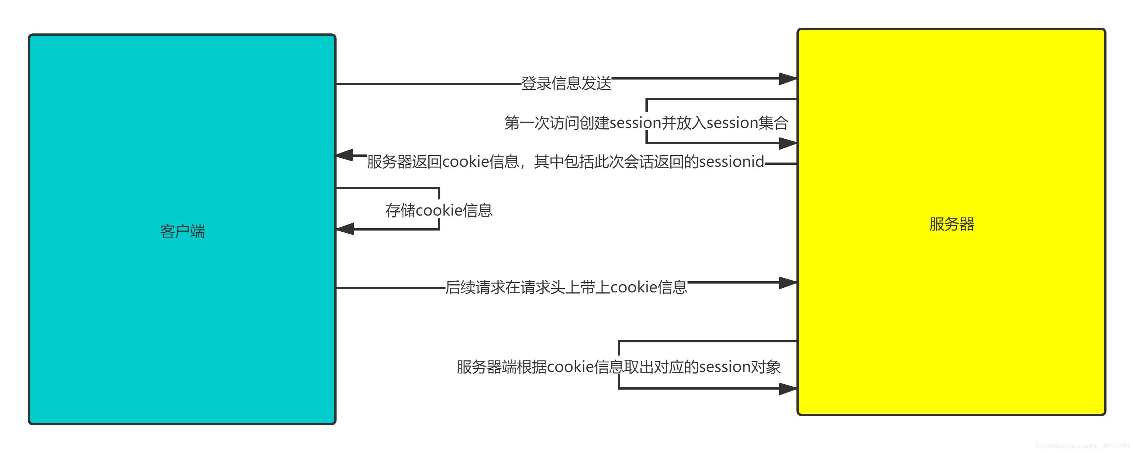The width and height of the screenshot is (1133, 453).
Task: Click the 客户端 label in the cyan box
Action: pos(182,231)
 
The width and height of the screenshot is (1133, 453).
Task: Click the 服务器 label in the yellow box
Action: pos(951,224)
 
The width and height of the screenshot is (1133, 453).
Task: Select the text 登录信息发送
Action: pos(566,83)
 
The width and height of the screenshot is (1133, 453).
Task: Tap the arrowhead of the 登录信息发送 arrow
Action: pos(788,79)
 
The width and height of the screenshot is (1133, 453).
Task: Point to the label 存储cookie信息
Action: pos(438,210)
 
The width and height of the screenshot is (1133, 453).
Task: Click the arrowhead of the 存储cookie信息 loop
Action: pos(345,229)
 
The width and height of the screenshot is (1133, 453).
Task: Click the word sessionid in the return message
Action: pos(732,162)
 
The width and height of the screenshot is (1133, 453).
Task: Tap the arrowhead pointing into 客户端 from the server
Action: pos(344,155)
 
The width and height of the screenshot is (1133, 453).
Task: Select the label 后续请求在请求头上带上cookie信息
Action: pos(566,287)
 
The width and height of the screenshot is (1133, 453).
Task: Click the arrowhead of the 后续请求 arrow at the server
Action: pos(788,283)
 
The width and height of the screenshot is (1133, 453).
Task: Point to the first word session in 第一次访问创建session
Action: pos(635,123)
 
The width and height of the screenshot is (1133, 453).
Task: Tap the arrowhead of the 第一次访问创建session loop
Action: pos(788,143)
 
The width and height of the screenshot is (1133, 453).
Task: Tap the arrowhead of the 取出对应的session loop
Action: pos(788,389)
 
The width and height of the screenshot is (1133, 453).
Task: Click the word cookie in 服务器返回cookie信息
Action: pos(465,162)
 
